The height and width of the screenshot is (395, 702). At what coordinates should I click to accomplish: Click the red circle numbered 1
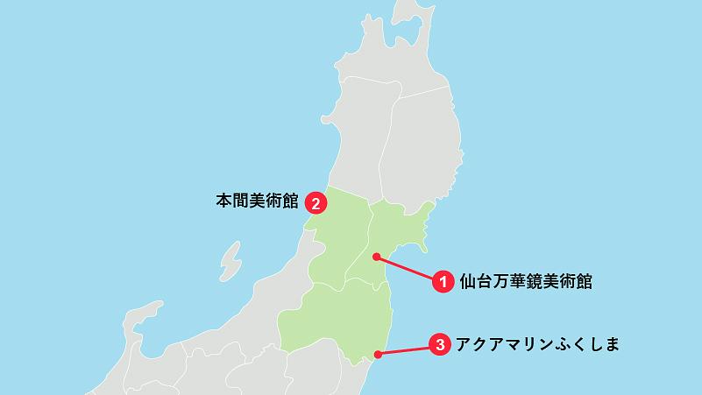443,281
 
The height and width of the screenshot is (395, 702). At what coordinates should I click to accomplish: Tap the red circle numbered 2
315,203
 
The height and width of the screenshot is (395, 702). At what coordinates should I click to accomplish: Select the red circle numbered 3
442,344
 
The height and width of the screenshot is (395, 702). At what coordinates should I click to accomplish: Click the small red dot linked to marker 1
376,257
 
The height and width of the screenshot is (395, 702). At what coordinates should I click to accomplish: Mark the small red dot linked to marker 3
378,355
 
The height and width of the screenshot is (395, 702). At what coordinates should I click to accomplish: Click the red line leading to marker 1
408,268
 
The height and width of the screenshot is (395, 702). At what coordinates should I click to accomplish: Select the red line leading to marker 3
408,350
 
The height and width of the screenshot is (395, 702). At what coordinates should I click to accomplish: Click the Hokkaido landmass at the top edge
412,11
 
